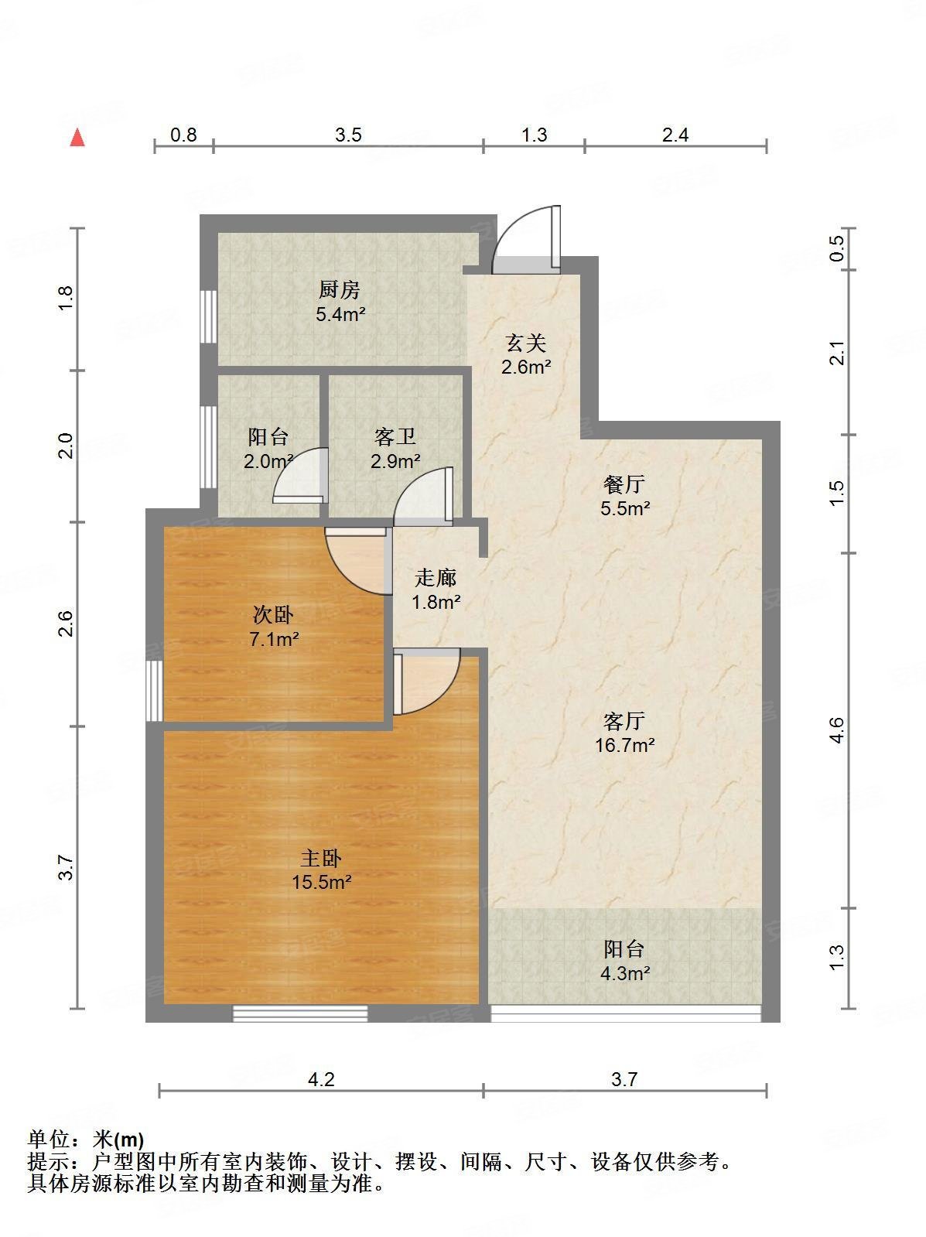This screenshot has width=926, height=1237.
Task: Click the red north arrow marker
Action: point(77,138)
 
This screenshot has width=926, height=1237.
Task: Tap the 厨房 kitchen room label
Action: point(340,290)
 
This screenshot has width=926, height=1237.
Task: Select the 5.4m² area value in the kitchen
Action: point(340,315)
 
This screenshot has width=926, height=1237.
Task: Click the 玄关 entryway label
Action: point(526,343)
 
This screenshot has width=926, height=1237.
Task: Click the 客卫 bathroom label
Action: point(395,438)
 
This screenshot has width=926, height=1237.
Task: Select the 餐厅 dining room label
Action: point(624,485)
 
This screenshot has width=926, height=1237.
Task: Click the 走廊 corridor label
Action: point(436,577)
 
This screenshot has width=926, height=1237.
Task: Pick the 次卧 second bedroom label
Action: point(274,615)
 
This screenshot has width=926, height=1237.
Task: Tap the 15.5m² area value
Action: point(322,882)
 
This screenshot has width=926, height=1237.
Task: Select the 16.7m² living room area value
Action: point(624,746)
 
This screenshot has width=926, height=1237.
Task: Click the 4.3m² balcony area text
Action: point(624,974)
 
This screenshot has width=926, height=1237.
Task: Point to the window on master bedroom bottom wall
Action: point(300,1013)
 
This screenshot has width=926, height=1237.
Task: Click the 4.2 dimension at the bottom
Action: point(321,1079)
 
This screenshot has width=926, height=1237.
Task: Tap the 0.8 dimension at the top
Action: point(183,135)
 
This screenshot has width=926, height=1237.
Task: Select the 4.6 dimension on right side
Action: point(836,730)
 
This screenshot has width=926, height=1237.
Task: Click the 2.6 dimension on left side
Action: point(67,624)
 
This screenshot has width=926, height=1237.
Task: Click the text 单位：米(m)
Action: point(86,1140)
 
